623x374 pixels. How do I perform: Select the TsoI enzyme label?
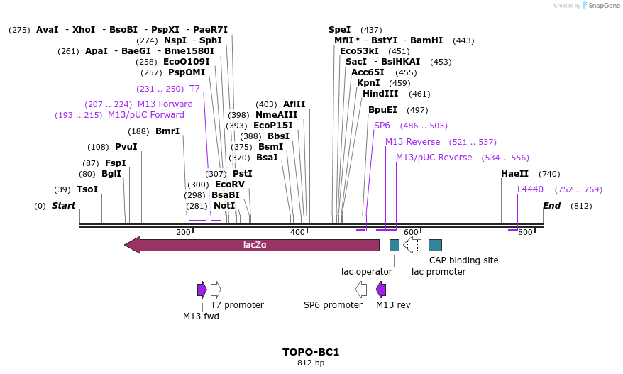87,189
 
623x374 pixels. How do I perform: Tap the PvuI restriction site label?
126,147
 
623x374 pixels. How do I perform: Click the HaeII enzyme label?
514,174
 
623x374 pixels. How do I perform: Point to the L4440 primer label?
530,189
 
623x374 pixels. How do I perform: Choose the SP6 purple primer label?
382,126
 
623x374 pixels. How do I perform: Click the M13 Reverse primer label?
412,142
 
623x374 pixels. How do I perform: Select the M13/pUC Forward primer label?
145,115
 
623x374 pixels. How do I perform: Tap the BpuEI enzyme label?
382,110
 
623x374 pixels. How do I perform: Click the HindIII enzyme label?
380,94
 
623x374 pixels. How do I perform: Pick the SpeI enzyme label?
339,30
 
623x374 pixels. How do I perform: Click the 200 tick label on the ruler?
183,232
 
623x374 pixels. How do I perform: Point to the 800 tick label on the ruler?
524,232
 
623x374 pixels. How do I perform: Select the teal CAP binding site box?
436,245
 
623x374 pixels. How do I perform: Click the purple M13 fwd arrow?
202,289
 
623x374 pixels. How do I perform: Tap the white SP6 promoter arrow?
361,289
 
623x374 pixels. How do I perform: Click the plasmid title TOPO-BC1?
311,352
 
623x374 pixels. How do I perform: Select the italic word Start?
63,206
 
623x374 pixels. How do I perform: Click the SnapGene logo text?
602,6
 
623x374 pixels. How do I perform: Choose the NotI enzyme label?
224,206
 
